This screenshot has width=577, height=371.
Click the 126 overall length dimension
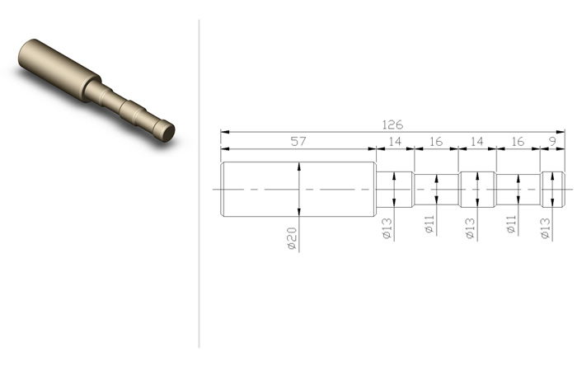coord(392,124)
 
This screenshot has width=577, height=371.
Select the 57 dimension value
coord(298,141)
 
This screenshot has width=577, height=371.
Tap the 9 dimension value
coord(552,141)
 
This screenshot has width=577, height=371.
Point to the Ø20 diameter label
coord(292,238)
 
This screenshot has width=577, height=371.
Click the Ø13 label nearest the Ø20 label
coord(387,228)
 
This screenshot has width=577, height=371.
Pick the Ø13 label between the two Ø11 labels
coord(471,228)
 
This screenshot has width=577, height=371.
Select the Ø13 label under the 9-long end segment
coord(546,228)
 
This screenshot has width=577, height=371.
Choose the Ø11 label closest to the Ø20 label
coord(429,224)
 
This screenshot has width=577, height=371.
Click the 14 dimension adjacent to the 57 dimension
coord(395,141)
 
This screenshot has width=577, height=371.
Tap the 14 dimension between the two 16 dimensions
coord(477,141)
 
